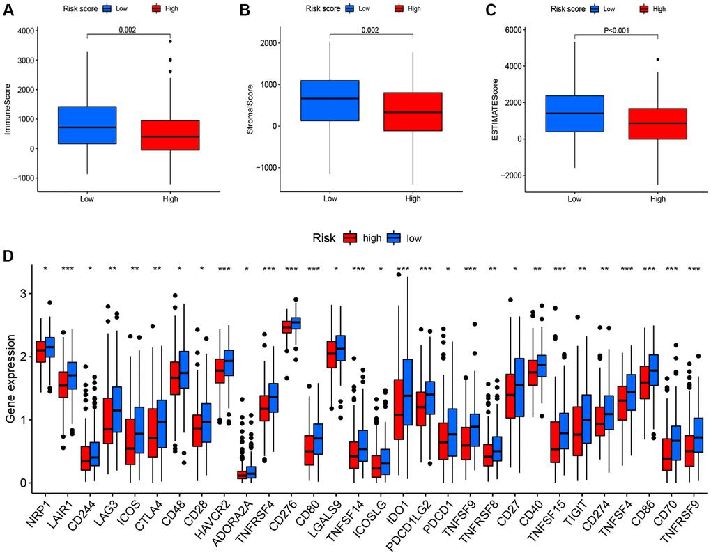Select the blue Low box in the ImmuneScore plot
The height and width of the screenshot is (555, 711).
(x=87, y=125)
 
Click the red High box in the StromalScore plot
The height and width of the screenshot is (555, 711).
(x=413, y=111)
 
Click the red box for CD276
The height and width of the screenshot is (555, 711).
(x=286, y=327)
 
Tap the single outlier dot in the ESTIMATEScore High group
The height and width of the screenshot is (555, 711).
(x=657, y=60)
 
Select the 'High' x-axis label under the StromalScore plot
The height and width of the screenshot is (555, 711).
(x=413, y=198)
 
